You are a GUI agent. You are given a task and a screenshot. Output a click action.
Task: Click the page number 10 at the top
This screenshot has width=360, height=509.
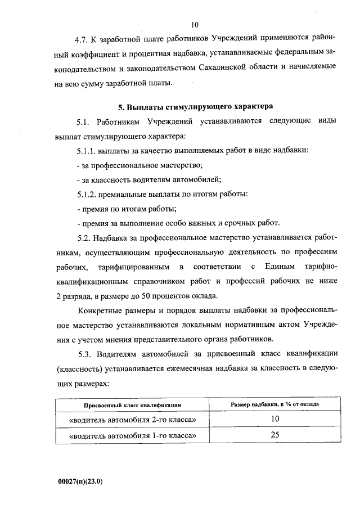195,25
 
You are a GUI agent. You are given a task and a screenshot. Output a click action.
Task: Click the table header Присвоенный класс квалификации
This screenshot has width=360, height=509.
132,406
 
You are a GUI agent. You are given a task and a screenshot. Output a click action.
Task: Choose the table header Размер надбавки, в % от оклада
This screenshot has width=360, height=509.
274,405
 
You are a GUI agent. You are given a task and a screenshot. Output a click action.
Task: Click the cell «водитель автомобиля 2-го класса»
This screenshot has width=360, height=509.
132,420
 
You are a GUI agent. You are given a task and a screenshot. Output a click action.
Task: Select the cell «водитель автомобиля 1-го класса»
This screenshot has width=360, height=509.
132,435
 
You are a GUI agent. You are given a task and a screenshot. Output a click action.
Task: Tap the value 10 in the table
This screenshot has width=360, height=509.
274,420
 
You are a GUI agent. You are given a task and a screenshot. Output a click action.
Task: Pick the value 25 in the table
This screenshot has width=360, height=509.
274,435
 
